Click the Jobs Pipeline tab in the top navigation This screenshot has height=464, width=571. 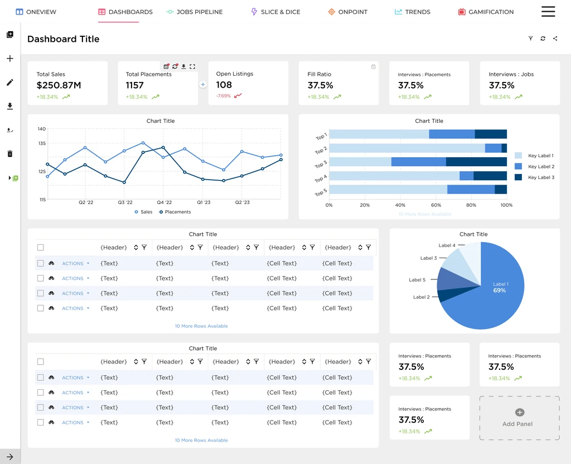pos(195,12)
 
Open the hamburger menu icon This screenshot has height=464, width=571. pos(548,12)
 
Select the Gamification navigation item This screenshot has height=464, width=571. pos(486,12)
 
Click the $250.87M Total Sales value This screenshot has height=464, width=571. pos(59,85)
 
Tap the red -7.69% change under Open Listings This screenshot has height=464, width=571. pos(223,96)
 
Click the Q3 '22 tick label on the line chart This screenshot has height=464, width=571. pos(125,202)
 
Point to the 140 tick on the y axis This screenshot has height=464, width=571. pos(41,129)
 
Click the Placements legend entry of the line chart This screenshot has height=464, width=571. pos(175,212)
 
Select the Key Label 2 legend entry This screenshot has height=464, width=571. pos(535,166)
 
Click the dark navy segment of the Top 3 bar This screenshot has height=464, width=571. pos(476,162)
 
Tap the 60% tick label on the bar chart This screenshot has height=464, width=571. pos(436,205)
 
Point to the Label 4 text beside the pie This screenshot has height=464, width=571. pos(447,245)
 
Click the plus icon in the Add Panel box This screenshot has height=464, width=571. pos(520,412)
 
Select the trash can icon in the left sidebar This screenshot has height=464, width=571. pos(10,154)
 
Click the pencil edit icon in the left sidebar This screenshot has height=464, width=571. pos(10,83)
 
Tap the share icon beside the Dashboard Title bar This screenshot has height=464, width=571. pos(555,38)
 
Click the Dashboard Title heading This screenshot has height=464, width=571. pos(64,39)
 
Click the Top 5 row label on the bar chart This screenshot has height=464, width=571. pos(321,192)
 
